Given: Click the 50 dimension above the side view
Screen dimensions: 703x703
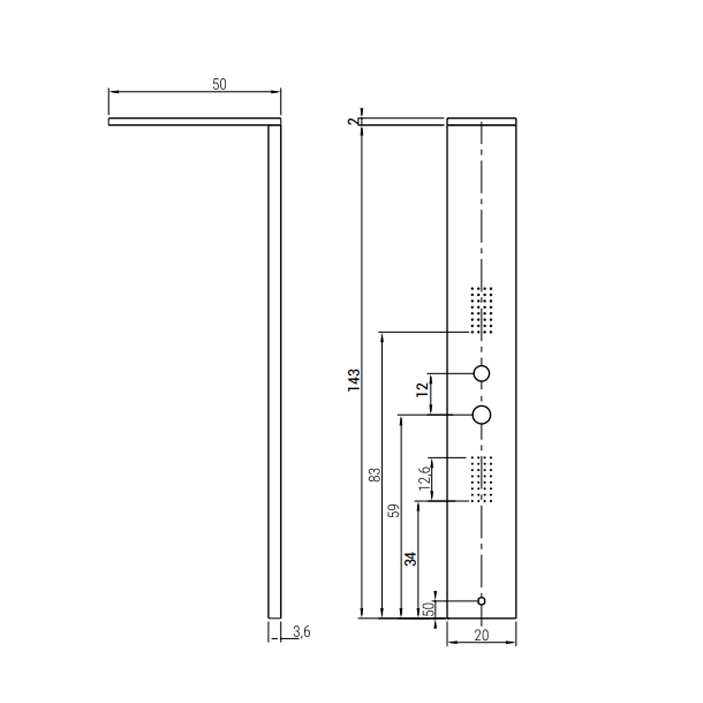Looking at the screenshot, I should pyautogui.click(x=219, y=84).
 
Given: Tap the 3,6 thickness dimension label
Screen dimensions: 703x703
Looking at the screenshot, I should pyautogui.click(x=302, y=632).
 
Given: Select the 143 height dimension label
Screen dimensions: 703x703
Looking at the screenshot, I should pyautogui.click(x=354, y=380).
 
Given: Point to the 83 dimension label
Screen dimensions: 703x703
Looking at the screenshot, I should pyautogui.click(x=375, y=475).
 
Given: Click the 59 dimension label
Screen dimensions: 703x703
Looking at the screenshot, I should pyautogui.click(x=396, y=510).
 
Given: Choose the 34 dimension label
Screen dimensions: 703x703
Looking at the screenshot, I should pyautogui.click(x=411, y=559).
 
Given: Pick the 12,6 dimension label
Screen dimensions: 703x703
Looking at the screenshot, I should pyautogui.click(x=425, y=478).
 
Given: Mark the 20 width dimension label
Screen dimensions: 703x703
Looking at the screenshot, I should pyautogui.click(x=481, y=635).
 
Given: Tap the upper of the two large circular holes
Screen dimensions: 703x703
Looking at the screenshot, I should pyautogui.click(x=482, y=374).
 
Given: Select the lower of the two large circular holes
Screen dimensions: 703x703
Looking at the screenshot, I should pyautogui.click(x=482, y=415).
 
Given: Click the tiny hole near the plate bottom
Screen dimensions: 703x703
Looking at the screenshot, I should pyautogui.click(x=481, y=601).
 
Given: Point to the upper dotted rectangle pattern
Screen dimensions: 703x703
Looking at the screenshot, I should pyautogui.click(x=482, y=310).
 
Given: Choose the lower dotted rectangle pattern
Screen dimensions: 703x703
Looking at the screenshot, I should pyautogui.click(x=482, y=479).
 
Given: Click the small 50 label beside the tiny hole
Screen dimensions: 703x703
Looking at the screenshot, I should pyautogui.click(x=428, y=609).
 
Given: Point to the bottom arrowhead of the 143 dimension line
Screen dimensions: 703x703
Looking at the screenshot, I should pyautogui.click(x=361, y=614).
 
